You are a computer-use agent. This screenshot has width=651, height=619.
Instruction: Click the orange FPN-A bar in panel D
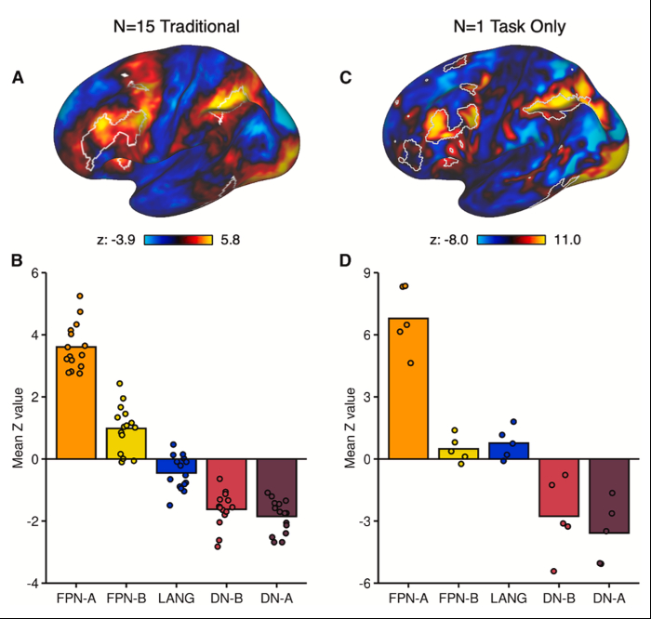click(x=408, y=389)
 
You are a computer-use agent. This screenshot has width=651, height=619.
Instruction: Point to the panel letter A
click(x=18, y=79)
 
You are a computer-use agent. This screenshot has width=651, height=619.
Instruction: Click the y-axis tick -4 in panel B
click(x=34, y=583)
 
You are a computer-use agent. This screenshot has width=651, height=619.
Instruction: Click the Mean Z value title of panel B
click(x=16, y=428)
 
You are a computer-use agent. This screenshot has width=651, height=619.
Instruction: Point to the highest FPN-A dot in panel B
click(x=80, y=296)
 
